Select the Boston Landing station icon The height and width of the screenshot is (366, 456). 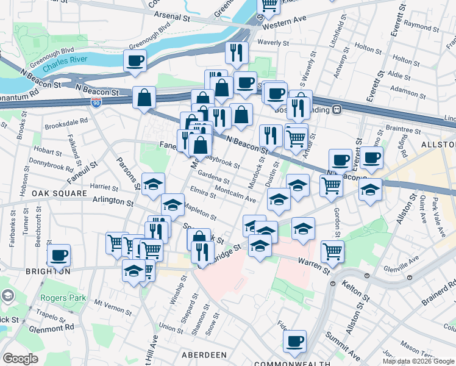point(336,110)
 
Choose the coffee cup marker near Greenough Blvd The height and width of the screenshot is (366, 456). point(135,60)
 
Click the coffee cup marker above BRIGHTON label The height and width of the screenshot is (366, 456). point(59,254)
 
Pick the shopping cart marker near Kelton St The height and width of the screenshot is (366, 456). point(332,249)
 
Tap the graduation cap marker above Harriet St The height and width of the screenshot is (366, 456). point(153,183)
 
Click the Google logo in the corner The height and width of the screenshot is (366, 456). point(21,359)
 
